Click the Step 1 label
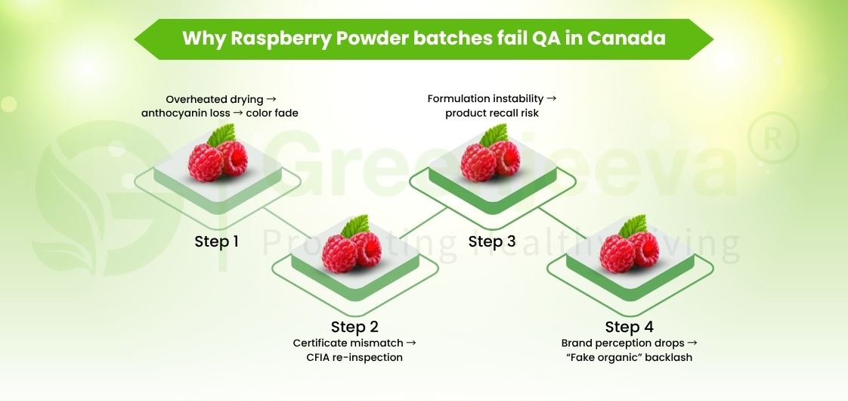pyautogui.click(x=216, y=242)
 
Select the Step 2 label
pyautogui.click(x=354, y=327)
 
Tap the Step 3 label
pyautogui.click(x=491, y=242)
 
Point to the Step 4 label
pyautogui.click(x=628, y=327)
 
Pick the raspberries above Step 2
pyautogui.click(x=352, y=250)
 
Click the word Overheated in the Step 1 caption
pyautogui.click(x=193, y=99)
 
